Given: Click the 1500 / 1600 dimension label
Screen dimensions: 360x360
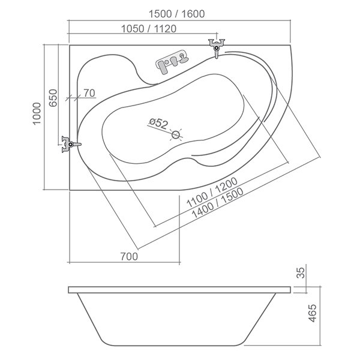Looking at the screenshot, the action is coord(176,14).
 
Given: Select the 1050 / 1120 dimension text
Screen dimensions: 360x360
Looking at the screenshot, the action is coord(149,29).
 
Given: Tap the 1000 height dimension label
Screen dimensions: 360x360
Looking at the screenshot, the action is coord(37,113).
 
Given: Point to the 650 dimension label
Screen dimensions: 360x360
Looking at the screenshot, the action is coord(53,98).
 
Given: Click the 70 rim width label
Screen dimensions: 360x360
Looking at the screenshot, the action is coord(89,93).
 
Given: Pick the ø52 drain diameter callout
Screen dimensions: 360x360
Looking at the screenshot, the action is coord(158,123).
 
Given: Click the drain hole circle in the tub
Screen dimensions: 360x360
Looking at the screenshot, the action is coord(176,135).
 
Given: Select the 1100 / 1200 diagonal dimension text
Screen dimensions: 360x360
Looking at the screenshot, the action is coord(212,193).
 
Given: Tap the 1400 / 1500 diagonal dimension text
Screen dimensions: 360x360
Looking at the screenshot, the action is coord(217,203).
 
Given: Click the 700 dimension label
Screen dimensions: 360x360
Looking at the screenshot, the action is coord(129,256).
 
